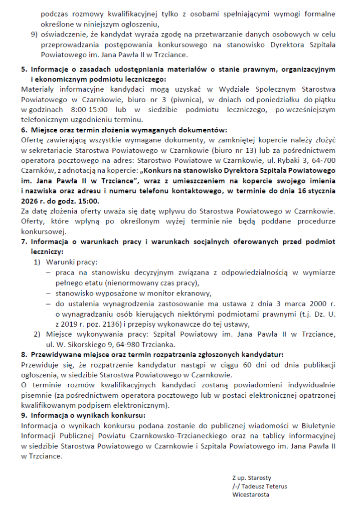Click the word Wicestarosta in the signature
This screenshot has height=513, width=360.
pos(251,494)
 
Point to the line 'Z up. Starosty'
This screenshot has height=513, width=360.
pos(251,477)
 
